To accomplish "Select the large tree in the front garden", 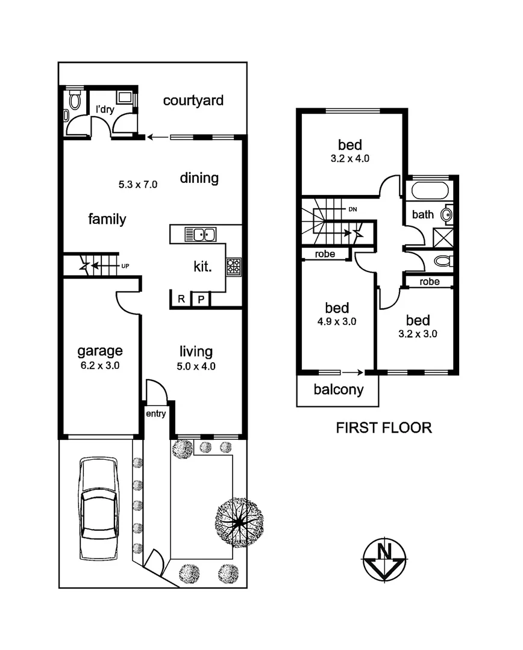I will pos(239,522).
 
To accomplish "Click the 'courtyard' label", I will pos(193,100).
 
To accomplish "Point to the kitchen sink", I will pos(201,234).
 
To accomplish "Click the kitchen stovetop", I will pos(233,267).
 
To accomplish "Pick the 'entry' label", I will pos(155,413).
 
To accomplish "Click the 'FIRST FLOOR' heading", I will pos(383,428).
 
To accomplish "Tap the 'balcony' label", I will pos(339,389).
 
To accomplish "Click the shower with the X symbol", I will pos(446,236).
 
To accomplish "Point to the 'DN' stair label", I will pos(352,209).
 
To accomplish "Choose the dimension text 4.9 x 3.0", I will pos(337,321).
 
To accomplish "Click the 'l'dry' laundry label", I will pos(105,110).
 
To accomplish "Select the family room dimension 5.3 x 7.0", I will pos(138,185).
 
